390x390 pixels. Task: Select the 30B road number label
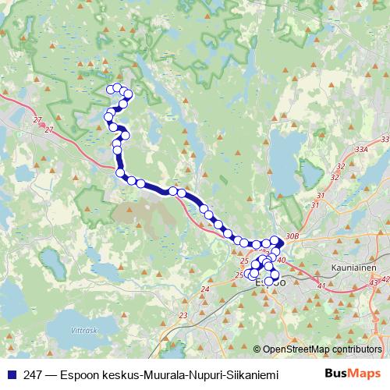[292, 236]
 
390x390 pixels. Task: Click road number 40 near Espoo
[282, 260]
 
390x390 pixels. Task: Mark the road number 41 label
[321, 286]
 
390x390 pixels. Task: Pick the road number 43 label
[374, 281]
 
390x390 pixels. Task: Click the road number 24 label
[205, 289]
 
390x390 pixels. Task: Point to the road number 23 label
[183, 315]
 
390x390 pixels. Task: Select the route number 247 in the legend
[33, 374]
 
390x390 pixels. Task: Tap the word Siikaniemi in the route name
[249, 374]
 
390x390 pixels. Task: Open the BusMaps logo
[353, 373]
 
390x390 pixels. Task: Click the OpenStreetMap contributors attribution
[321, 349]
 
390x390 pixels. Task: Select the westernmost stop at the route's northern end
[111, 90]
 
